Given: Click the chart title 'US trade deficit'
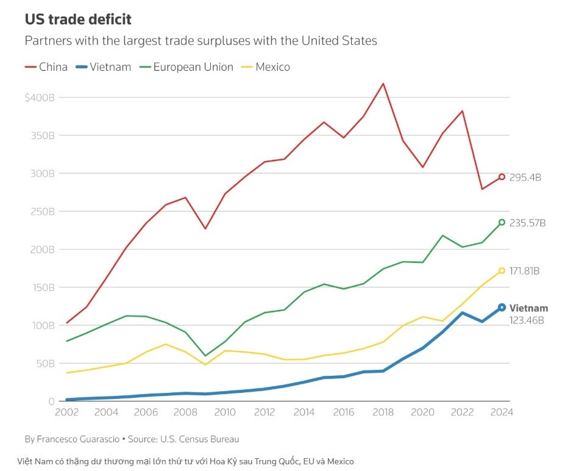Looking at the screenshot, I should pyautogui.click(x=78, y=20).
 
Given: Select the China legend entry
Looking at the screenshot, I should pyautogui.click(x=46, y=67).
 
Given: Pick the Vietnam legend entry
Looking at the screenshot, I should pyautogui.click(x=103, y=67).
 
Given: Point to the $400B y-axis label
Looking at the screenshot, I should pyautogui.click(x=40, y=98).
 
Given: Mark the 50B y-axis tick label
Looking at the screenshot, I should pyautogui.click(x=44, y=364).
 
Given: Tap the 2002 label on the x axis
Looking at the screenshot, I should pyautogui.click(x=66, y=412).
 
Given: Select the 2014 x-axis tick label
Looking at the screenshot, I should pyautogui.click(x=304, y=412).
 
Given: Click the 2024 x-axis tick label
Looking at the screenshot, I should pyautogui.click(x=502, y=412).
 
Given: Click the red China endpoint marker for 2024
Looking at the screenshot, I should pyautogui.click(x=502, y=177).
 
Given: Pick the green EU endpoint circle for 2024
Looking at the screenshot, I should pyautogui.click(x=502, y=222).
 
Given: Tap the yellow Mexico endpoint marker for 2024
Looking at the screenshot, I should pyautogui.click(x=502, y=270).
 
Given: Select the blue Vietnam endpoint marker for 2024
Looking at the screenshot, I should pyautogui.click(x=502, y=307).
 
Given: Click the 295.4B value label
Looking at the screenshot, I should pyautogui.click(x=525, y=178).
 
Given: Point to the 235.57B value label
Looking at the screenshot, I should pyautogui.click(x=527, y=223).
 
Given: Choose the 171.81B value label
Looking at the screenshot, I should pyautogui.click(x=525, y=271).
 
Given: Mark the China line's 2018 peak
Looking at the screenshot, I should pyautogui.click(x=383, y=84).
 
